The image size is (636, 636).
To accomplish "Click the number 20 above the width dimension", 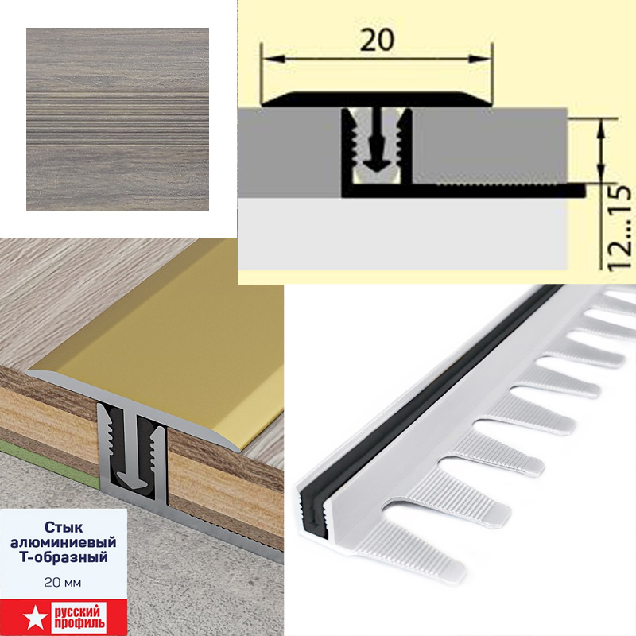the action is point(377,40).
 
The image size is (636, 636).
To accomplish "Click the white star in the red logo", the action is point(32,618).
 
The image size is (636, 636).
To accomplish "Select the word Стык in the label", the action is point(64,527).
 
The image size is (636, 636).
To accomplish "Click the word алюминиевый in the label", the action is point(64,542).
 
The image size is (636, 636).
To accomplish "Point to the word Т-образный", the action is point(64,557).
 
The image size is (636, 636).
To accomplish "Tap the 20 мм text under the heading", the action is point(63,583).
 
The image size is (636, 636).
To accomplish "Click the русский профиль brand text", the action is point(78,618).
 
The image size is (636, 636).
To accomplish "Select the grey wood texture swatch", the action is point(118,118).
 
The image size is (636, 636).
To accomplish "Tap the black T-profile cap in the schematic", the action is point(377,99).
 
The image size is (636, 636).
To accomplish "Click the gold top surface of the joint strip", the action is point(170,324).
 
